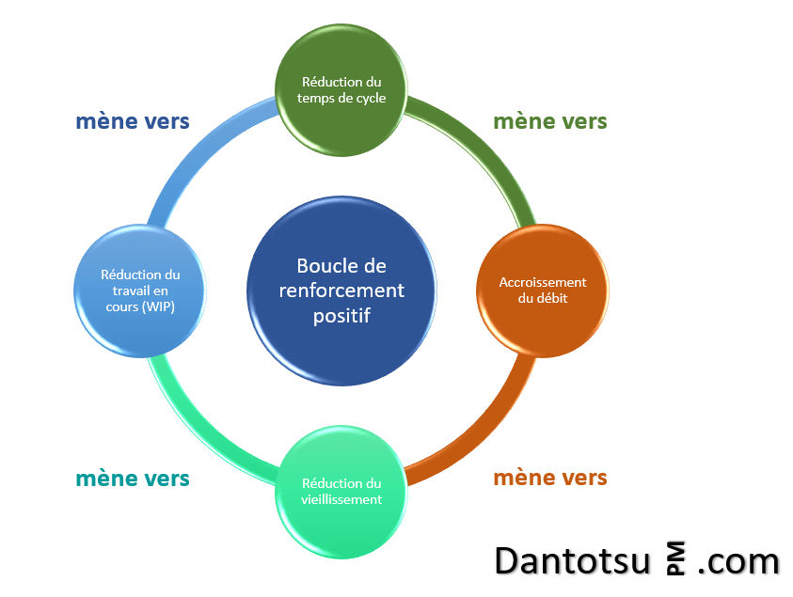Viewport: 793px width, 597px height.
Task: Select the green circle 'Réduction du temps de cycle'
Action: (341, 90)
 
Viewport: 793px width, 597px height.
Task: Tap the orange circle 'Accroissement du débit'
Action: (542, 291)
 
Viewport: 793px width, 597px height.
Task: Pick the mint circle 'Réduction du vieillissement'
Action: (341, 492)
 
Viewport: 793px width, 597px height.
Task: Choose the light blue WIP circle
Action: (140, 291)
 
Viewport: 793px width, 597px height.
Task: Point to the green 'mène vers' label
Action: (550, 121)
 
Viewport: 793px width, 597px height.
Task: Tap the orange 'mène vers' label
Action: (550, 478)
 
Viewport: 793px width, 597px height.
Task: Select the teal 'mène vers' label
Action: (133, 478)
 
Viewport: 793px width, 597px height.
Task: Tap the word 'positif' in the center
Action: (341, 316)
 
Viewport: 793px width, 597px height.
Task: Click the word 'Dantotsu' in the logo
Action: (573, 561)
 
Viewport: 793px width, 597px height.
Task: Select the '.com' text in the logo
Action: (738, 561)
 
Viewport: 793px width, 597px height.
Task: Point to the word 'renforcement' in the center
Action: (341, 291)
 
